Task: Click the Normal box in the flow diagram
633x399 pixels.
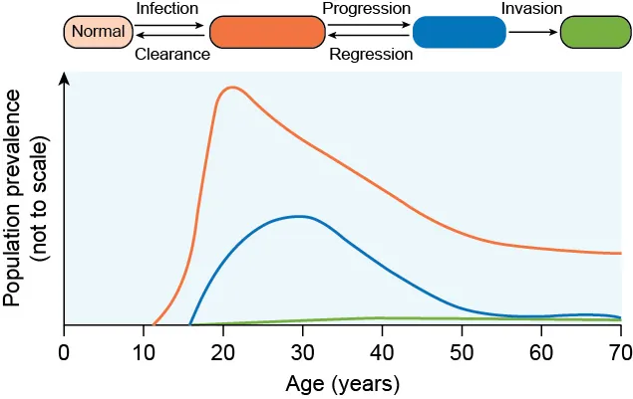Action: point(99,32)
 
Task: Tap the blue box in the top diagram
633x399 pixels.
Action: point(459,32)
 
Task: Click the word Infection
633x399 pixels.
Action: point(166,9)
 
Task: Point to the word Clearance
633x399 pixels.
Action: point(172,55)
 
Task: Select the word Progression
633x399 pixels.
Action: point(367,9)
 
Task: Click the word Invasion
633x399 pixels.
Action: point(531,9)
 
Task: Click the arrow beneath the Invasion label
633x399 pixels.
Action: point(532,32)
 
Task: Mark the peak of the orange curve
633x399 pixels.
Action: point(232,88)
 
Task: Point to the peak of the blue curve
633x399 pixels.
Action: point(298,216)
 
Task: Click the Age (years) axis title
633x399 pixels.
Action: point(342,383)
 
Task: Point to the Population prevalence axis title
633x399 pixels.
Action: point(25,199)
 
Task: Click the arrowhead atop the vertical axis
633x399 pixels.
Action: point(65,80)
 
